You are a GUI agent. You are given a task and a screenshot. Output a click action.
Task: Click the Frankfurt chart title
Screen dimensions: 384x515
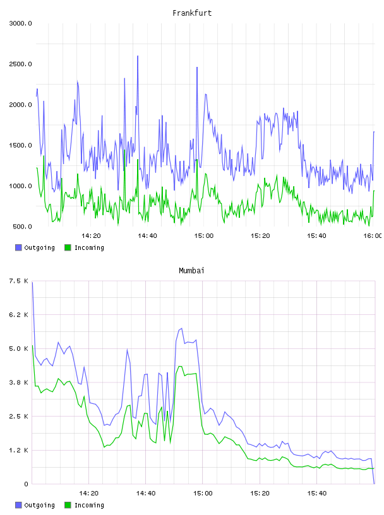192,13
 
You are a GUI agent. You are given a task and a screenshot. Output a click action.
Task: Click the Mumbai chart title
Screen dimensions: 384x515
191,271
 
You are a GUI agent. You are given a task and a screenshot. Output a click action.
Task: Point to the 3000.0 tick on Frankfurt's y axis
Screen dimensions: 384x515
20,23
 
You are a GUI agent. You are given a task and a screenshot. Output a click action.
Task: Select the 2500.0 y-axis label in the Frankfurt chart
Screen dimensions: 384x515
20,64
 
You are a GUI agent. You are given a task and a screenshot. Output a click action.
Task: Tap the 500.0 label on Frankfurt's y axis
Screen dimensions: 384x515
22,227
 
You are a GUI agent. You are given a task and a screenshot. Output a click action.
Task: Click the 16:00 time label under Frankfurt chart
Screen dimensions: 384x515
373,235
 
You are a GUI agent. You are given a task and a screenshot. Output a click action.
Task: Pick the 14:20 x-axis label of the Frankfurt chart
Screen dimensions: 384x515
91,235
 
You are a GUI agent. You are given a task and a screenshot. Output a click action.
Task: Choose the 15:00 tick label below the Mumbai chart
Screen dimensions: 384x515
203,493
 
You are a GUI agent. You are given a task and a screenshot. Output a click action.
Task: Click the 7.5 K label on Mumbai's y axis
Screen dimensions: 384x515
19,281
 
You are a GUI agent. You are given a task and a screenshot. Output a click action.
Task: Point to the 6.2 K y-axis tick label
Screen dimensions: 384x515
19,315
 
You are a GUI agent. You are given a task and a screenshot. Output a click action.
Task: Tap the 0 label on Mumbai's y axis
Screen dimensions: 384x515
26,484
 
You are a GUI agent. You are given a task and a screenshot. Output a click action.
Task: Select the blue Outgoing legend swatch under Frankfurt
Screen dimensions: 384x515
18,247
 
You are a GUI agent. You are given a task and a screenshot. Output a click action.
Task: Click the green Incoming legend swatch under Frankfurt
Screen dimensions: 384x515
68,247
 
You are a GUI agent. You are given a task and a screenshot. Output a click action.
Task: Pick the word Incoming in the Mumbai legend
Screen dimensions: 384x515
89,505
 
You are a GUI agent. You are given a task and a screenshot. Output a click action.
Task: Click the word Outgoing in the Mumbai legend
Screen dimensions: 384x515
39,505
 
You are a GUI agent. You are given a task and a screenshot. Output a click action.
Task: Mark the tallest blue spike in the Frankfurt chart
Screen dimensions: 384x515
138,56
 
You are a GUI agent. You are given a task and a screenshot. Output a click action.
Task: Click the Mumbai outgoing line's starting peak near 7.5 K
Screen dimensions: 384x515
32,283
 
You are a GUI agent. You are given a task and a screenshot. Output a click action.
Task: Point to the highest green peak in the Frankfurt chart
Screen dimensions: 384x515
125,150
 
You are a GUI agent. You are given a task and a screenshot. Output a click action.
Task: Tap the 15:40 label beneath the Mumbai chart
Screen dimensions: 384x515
317,493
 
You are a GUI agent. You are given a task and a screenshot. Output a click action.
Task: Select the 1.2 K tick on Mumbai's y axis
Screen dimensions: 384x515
19,450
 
